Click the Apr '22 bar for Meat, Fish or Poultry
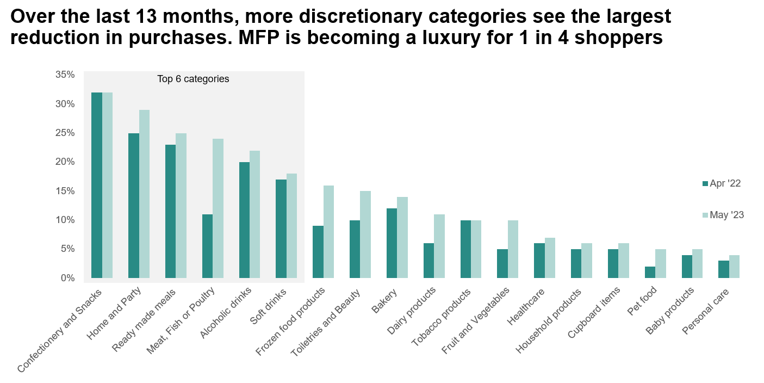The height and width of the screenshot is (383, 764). [x=207, y=246]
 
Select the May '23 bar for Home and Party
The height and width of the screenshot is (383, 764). [x=144, y=194]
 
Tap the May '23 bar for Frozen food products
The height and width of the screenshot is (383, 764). [x=328, y=232]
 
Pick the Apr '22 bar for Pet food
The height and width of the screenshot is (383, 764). [x=650, y=272]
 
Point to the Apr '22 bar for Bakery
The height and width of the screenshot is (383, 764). [x=392, y=243]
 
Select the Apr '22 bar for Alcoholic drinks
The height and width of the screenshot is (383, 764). [x=244, y=220]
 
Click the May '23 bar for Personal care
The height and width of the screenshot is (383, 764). [x=734, y=267]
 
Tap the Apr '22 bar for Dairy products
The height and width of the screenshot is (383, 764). [x=428, y=261]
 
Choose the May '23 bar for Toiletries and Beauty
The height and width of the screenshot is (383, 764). [x=365, y=234]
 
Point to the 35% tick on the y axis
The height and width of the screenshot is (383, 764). [x=65, y=75]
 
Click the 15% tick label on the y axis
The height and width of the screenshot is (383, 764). [x=65, y=191]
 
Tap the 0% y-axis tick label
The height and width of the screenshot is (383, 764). [x=67, y=278]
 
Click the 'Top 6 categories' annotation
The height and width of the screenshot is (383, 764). [x=193, y=79]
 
